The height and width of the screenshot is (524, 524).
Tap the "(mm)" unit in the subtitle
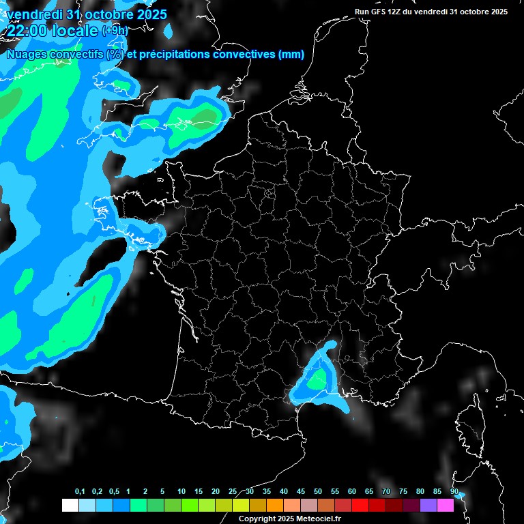click(x=291, y=55)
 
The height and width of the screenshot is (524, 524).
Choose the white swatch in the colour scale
click(x=70, y=506)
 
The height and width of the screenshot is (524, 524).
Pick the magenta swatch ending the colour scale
click(x=446, y=506)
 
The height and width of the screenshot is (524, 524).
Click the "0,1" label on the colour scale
click(x=80, y=492)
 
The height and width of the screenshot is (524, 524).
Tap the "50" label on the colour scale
click(x=318, y=492)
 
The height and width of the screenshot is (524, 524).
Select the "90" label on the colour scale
click(x=454, y=492)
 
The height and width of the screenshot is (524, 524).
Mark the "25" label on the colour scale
click(x=233, y=492)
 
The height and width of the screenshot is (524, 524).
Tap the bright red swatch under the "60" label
click(x=360, y=506)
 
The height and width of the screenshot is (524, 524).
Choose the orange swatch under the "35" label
click(x=275, y=506)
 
